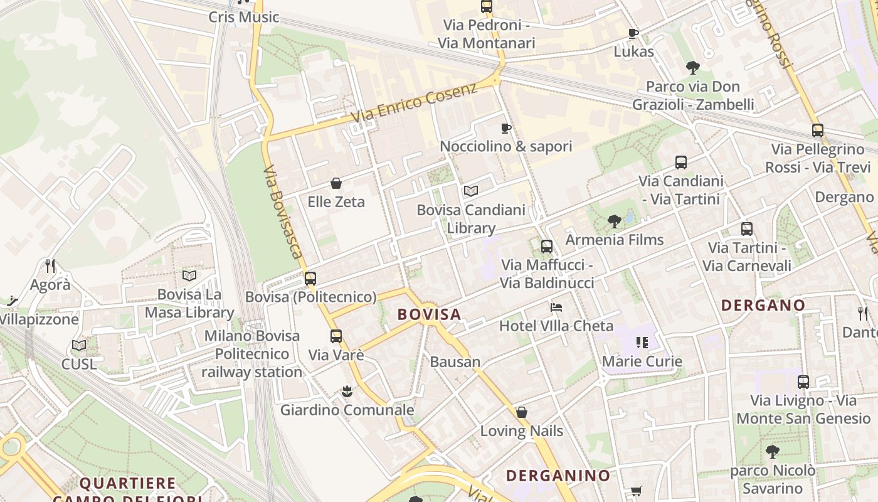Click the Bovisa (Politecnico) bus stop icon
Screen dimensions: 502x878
tap(310, 279)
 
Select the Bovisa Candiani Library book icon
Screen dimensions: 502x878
tap(470, 191)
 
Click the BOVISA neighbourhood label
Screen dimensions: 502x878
tap(430, 314)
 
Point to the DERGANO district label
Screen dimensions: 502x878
tap(763, 306)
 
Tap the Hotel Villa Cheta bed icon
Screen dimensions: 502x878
tap(556, 307)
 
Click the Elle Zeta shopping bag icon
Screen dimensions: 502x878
tap(336, 183)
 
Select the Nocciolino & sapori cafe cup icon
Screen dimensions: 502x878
tap(505, 128)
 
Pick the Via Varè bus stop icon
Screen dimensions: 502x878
tap(336, 336)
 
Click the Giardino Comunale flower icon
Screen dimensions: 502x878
tap(346, 392)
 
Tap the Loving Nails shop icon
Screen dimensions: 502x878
tap(521, 412)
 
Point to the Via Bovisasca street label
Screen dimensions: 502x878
tap(283, 212)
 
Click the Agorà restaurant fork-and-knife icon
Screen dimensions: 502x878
tap(50, 266)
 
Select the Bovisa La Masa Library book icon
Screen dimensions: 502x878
tap(189, 275)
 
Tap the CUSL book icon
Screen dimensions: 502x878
tap(79, 345)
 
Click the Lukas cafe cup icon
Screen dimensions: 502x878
tap(633, 33)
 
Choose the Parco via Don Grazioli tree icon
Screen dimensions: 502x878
tap(692, 68)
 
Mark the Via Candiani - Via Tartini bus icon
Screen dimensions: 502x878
tap(681, 163)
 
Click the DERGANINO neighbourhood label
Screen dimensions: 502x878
tap(558, 476)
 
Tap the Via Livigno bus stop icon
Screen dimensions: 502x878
tap(803, 382)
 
